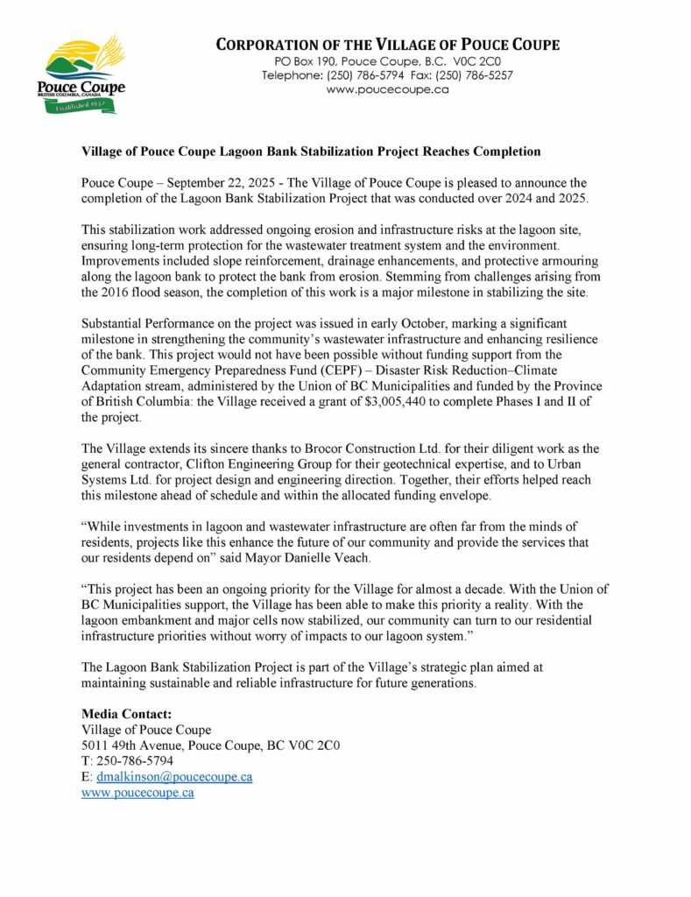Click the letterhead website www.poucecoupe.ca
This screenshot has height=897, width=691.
pyautogui.click(x=387, y=90)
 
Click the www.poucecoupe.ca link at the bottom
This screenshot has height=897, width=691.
pyautogui.click(x=137, y=793)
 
